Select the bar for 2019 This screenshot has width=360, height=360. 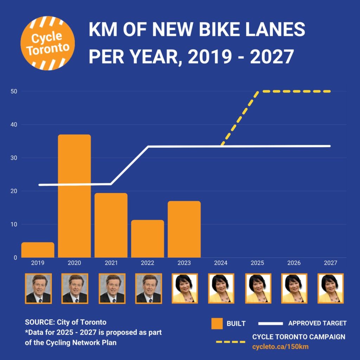tap(38, 250)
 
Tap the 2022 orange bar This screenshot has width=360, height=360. tap(148, 239)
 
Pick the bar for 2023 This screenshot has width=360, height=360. tap(184, 229)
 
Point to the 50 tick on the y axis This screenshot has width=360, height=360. tap(14, 91)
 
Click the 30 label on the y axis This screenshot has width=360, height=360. tap(14, 158)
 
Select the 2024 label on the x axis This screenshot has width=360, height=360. tap(221, 263)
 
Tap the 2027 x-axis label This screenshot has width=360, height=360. tap(330, 263)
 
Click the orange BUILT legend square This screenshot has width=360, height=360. tap(217, 323)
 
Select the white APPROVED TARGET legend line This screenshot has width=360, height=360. tap(270, 323)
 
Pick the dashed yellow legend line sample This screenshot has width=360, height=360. tap(230, 341)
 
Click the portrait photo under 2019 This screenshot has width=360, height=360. tap(38, 288)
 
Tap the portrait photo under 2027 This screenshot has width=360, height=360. tap(331, 288)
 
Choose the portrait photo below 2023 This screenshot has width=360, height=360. tap(185, 288)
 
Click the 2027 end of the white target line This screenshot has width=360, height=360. tap(329, 146)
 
